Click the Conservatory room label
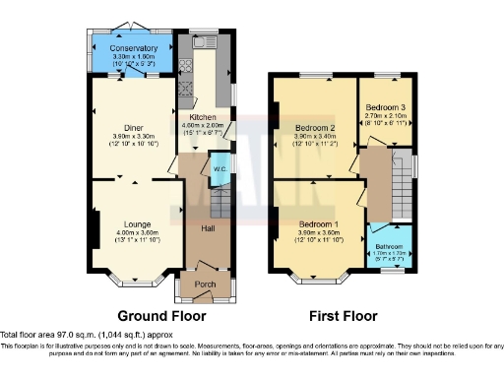click(134, 48)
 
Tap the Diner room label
click(133, 126)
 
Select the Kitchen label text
click(203, 116)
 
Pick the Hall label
click(208, 229)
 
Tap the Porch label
click(205, 285)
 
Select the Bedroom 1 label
click(319, 224)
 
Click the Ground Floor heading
click(161, 317)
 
